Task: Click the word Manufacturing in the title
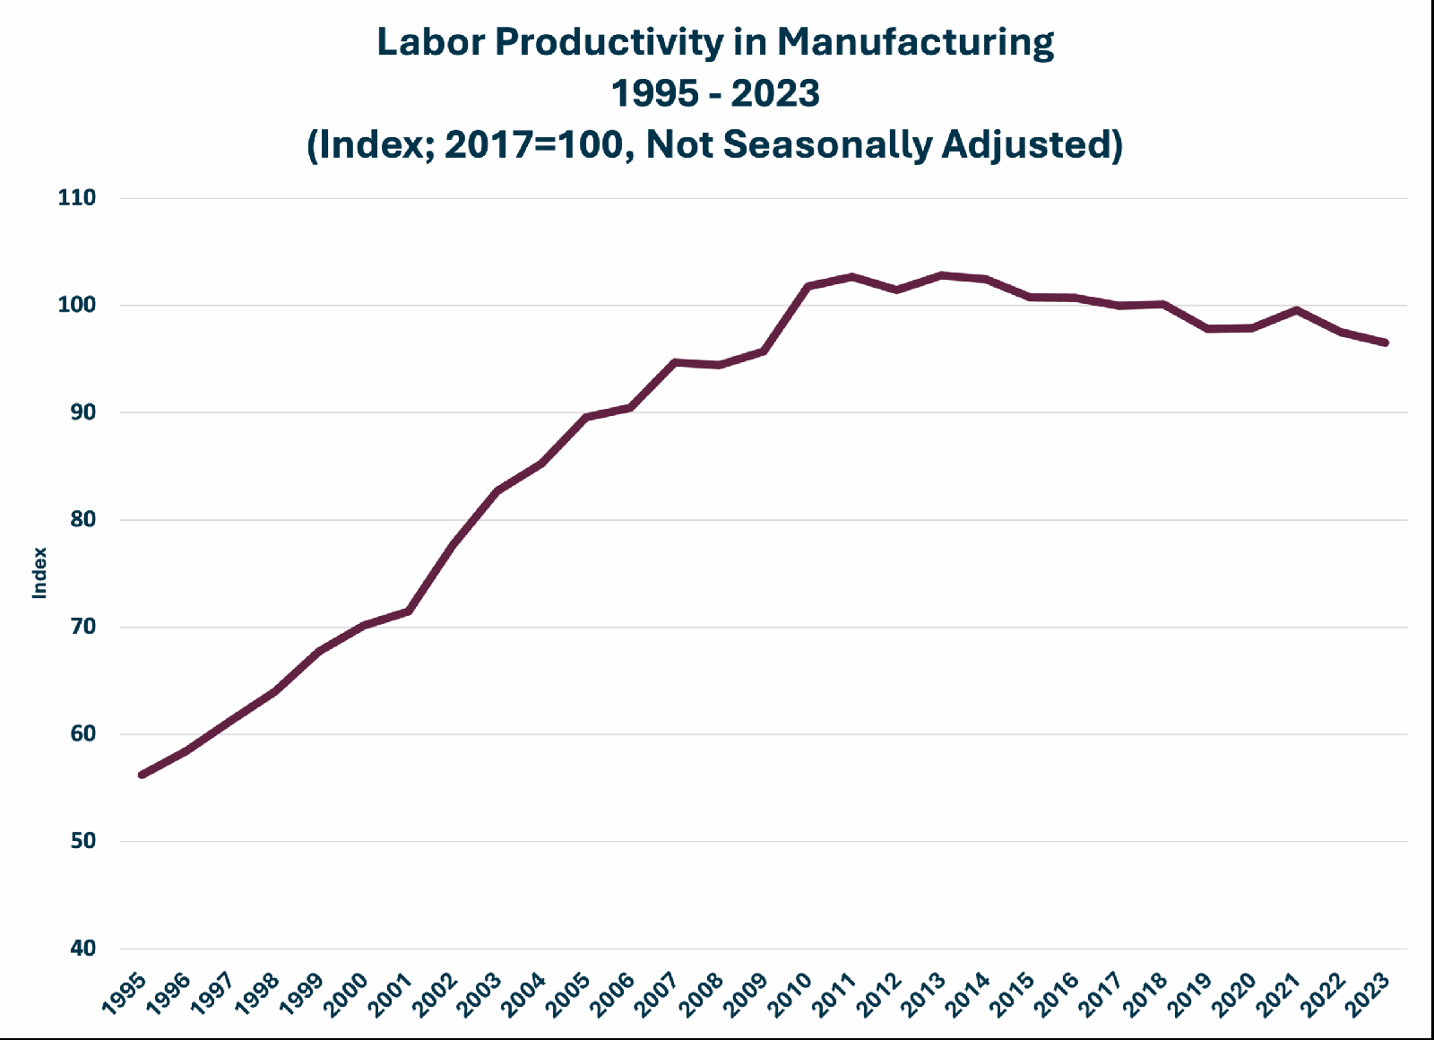[915, 43]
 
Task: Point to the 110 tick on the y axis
[77, 198]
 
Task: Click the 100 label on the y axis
[77, 305]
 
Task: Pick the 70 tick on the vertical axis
[83, 627]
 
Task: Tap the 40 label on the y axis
[83, 948]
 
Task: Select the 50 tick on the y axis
[83, 841]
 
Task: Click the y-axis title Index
[39, 573]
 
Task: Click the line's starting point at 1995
[143, 775]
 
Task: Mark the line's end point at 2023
[1386, 342]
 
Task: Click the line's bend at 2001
[409, 611]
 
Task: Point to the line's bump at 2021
[1296, 310]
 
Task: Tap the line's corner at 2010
[808, 286]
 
